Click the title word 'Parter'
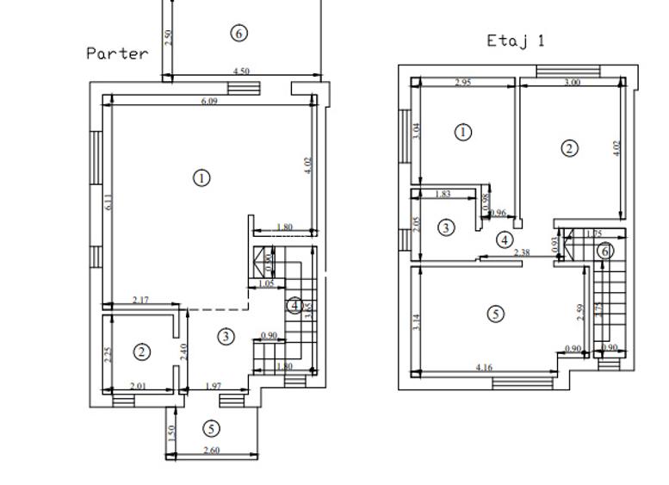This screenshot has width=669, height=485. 117,53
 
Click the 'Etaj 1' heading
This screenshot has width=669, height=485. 516,40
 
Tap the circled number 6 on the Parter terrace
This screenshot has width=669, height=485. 239,34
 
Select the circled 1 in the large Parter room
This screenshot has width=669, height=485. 201,177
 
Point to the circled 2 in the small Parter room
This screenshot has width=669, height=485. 142,351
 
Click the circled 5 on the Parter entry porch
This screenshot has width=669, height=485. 211,428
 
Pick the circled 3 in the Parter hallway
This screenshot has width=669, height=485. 226,336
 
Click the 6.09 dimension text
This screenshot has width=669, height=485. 209,101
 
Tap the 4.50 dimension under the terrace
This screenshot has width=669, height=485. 241,72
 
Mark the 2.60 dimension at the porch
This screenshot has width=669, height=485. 211,451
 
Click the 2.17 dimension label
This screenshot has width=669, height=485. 140,300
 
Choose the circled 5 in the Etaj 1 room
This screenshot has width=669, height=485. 495,314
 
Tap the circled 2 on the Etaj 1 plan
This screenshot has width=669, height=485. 569,148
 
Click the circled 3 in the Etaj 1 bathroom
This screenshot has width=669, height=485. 446,227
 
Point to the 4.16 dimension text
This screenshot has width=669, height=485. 484,369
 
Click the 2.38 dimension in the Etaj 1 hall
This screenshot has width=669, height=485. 522,252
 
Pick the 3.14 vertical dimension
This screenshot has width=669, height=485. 417,323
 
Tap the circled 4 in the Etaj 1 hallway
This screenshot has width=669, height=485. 505,239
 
